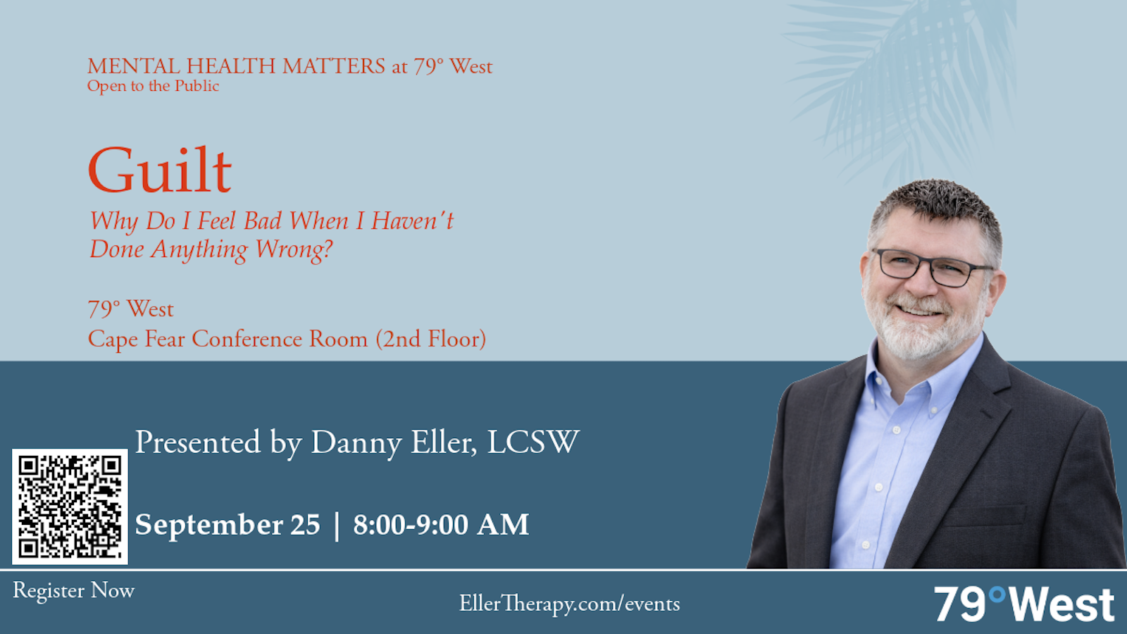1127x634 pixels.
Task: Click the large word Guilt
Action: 159,170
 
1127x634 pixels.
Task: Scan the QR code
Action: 70,506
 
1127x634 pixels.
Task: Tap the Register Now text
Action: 73,591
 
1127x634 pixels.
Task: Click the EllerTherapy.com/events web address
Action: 570,604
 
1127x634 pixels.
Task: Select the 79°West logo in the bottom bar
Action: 1024,604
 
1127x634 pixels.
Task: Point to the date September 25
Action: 228,526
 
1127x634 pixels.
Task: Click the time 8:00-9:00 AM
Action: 441,524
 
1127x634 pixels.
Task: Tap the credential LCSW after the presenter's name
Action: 533,442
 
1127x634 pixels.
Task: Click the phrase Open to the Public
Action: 153,86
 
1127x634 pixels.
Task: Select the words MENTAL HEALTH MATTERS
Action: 237,66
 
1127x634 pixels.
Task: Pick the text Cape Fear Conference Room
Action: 228,339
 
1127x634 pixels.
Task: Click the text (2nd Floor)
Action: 431,339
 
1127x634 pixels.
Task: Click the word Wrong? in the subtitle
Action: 294,249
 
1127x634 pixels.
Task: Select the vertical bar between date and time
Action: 337,526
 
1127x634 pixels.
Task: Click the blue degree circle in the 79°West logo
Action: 997,595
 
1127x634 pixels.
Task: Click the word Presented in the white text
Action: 198,442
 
